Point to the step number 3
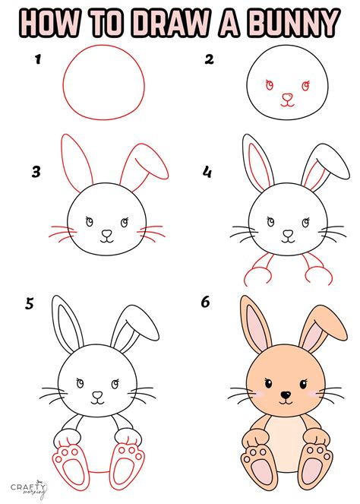[36, 173]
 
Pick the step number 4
[207, 173]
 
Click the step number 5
[30, 304]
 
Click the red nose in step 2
[286, 97]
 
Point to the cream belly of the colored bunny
[284, 437]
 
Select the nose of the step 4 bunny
[286, 233]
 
